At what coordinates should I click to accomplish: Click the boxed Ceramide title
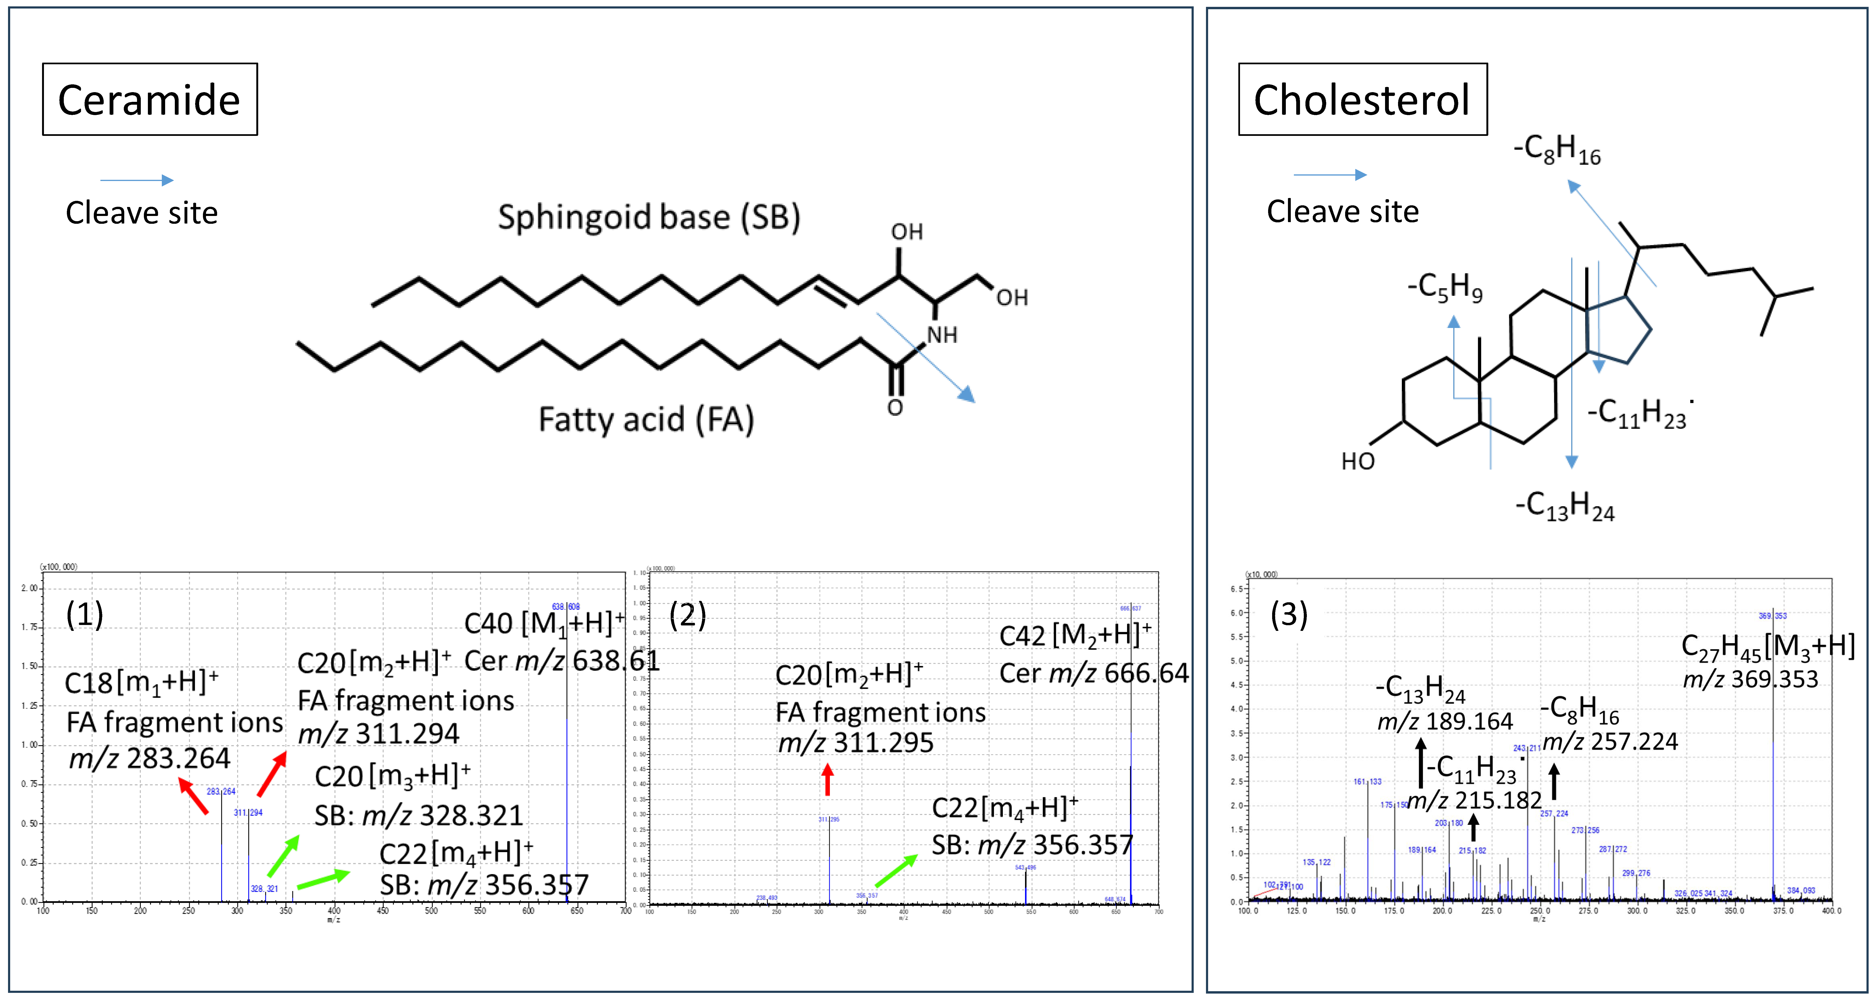[x=149, y=100]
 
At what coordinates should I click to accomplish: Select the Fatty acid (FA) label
[x=646, y=419]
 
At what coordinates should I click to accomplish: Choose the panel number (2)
[x=687, y=615]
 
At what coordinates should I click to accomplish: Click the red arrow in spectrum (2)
[x=827, y=779]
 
